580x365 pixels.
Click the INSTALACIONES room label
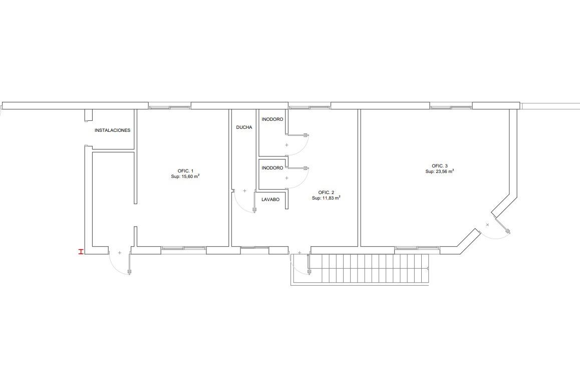point(113,130)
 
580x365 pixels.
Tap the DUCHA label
point(244,127)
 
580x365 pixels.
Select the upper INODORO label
point(272,119)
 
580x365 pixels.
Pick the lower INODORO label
point(272,167)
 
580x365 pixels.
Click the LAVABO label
point(270,200)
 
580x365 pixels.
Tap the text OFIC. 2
point(326,193)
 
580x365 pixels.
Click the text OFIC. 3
point(440,166)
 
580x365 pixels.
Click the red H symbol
point(80,252)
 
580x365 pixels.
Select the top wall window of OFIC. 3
point(451,108)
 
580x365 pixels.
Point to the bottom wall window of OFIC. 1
point(183,248)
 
